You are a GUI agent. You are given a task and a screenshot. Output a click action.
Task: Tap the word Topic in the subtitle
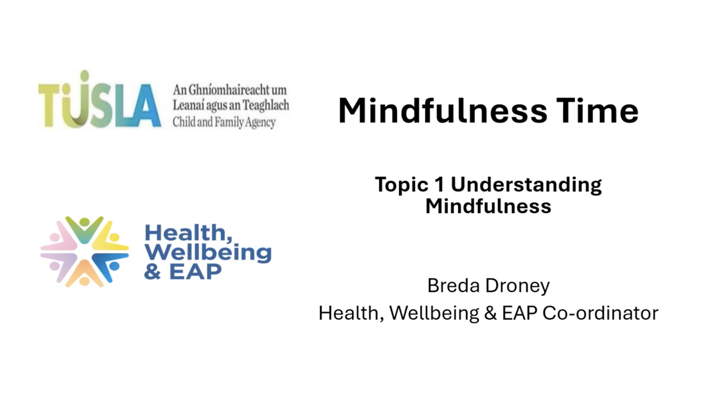[402, 185]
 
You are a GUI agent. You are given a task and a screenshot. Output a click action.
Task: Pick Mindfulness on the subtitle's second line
[488, 206]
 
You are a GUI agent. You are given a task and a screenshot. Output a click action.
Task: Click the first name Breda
[453, 285]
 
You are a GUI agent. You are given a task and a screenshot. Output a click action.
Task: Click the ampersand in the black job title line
[491, 313]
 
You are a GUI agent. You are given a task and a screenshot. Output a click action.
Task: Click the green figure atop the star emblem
[84, 229]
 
